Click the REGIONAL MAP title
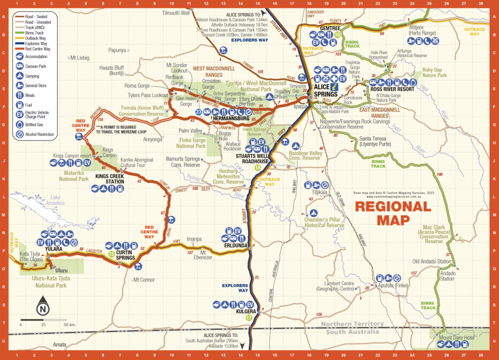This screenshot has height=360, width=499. [x=393, y=213]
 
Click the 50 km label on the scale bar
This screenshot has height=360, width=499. [x=69, y=324]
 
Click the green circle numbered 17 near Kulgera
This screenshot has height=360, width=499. [x=249, y=318]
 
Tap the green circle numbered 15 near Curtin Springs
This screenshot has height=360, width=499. [x=112, y=254]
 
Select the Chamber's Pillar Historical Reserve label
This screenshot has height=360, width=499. [x=324, y=222]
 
